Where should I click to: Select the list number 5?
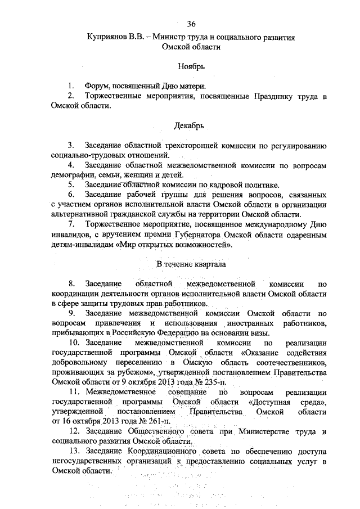tap(71, 184)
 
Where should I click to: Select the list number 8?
tap(71, 284)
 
